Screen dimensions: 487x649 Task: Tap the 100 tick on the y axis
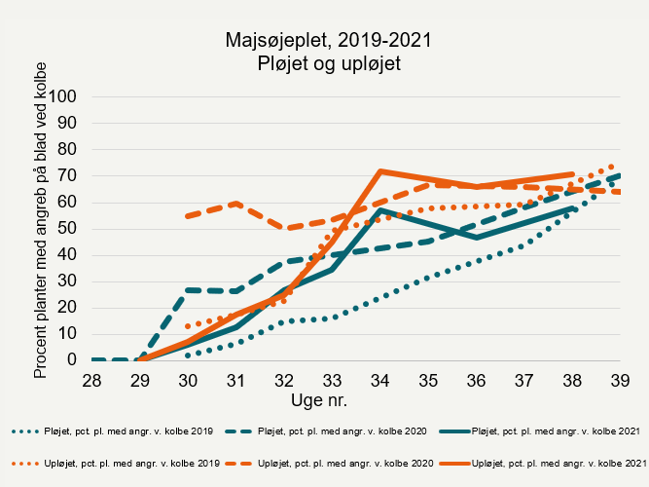click(63, 96)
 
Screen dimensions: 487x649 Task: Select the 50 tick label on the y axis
click(67, 229)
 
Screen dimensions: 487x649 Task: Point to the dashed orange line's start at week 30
click(188, 215)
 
